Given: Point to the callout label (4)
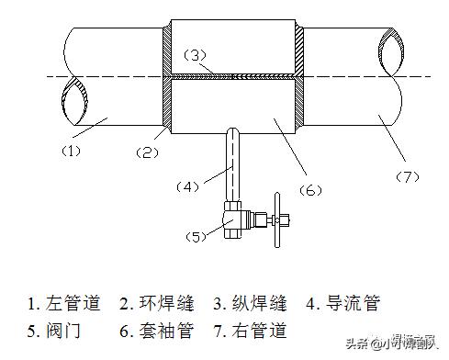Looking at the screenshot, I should [x=188, y=186].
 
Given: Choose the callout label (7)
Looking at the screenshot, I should [x=405, y=174].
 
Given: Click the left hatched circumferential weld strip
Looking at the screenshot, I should [x=167, y=78].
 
